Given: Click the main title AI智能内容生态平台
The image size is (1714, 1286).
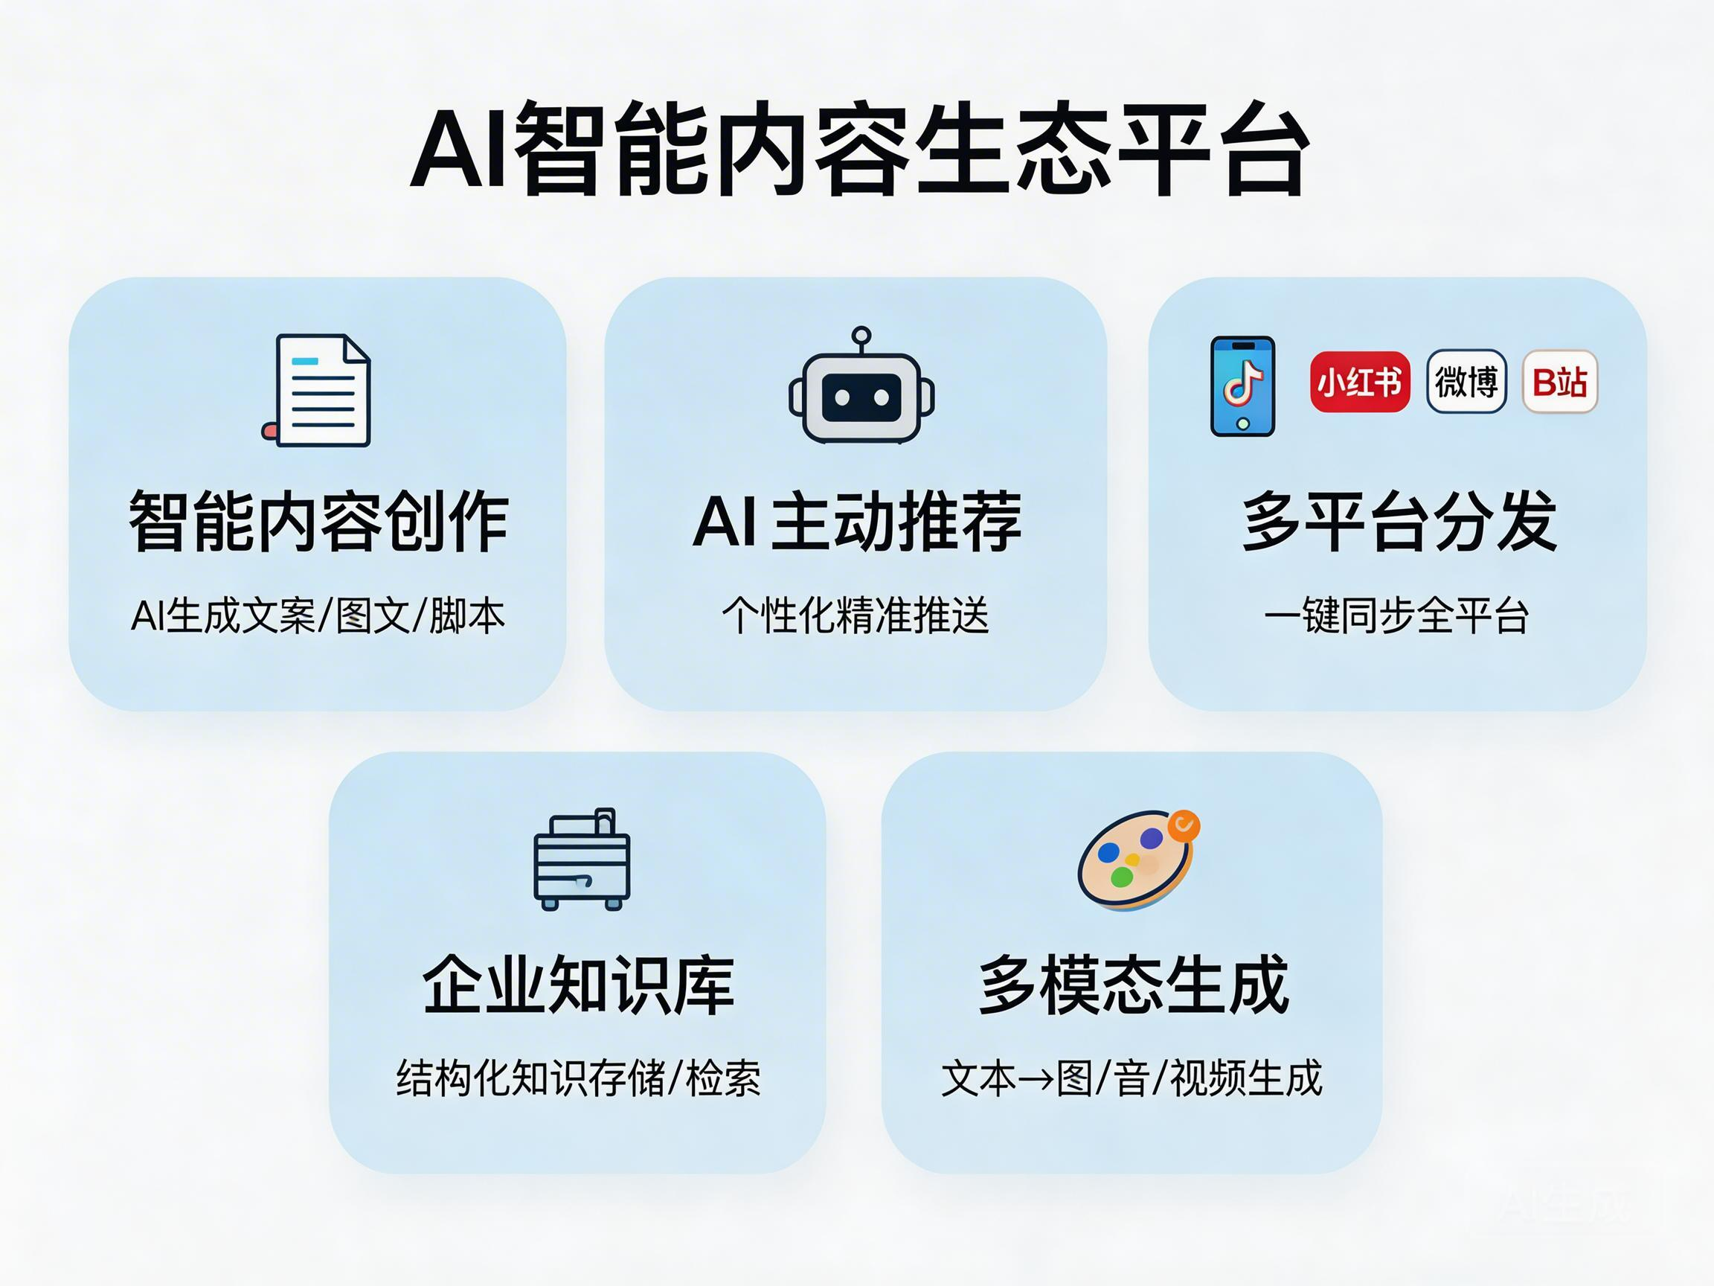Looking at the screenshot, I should click(858, 149).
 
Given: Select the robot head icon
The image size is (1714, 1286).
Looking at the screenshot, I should click(861, 397).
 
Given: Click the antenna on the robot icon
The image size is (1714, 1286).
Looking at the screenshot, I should click(861, 336).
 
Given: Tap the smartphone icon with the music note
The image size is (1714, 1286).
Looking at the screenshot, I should click(1242, 386).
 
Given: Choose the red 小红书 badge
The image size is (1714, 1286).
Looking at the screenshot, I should click(1359, 381).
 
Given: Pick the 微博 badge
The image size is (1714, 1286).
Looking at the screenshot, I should click(1466, 381).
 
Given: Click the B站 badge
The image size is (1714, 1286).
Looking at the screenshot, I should click(1560, 381).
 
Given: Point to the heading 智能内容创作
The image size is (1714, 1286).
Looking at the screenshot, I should click(318, 522).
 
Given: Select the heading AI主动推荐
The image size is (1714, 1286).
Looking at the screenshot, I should click(857, 522).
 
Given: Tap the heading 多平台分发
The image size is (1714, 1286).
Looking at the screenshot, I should click(1399, 522).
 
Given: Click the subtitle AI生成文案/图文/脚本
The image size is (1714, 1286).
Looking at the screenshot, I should click(318, 616).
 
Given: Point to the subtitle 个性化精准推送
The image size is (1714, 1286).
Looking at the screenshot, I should click(856, 616).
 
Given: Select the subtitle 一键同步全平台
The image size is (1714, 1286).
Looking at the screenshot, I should click(1396, 616).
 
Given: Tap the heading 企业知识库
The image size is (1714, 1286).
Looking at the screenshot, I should click(578, 985).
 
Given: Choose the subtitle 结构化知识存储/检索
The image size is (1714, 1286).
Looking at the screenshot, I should click(578, 1078).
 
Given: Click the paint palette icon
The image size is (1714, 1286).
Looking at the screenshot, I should click(1137, 860).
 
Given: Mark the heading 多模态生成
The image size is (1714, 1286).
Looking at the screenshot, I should click(1133, 985).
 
